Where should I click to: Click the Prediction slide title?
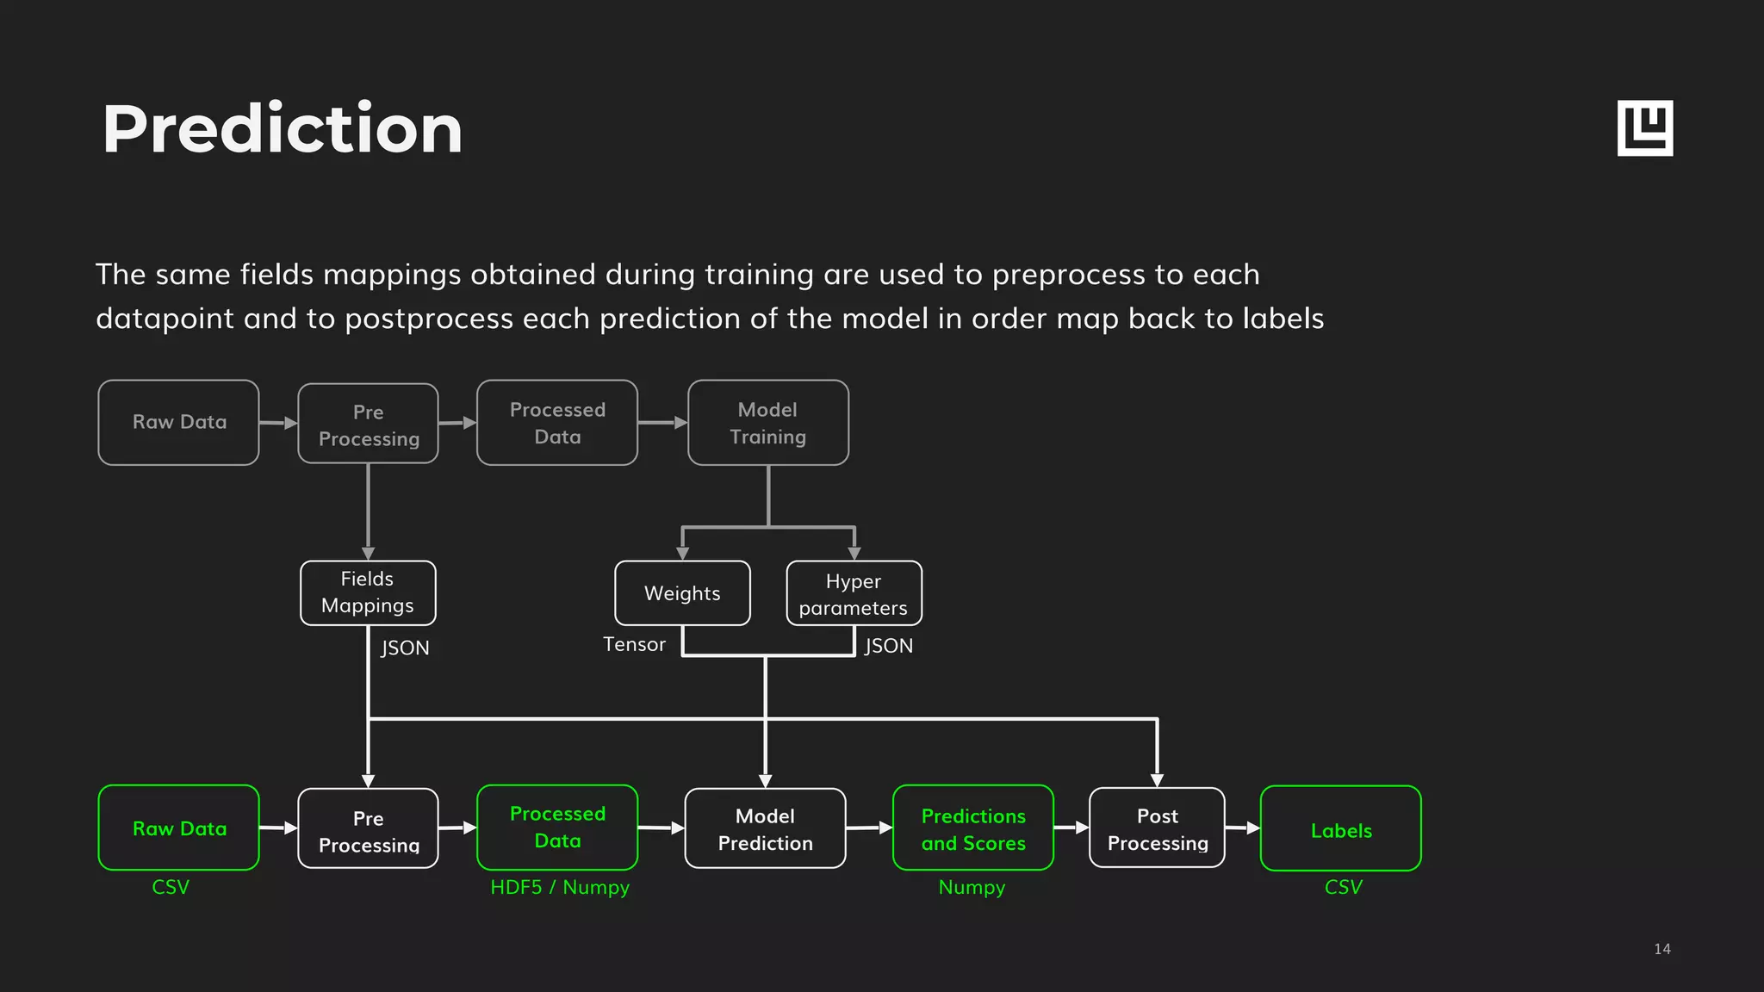pyautogui.click(x=282, y=129)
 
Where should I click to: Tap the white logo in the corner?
pyautogui.click(x=1644, y=128)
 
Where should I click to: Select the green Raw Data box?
pyautogui.click(x=178, y=828)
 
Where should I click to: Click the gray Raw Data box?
pyautogui.click(x=178, y=422)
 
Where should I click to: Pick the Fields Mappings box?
pyautogui.click(x=368, y=592)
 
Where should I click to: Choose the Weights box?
pyautogui.click(x=682, y=592)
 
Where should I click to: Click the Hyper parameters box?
pyautogui.click(x=854, y=593)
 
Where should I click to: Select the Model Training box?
pyautogui.click(x=767, y=423)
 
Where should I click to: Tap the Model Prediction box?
pyautogui.click(x=765, y=828)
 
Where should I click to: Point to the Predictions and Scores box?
pyautogui.click(x=973, y=828)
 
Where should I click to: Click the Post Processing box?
pyautogui.click(x=1157, y=828)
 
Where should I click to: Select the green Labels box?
pyautogui.click(x=1340, y=829)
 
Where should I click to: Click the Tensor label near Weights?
pyautogui.click(x=634, y=644)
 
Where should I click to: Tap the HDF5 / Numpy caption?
pyautogui.click(x=560, y=887)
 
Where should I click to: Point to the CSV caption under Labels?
pyautogui.click(x=1343, y=887)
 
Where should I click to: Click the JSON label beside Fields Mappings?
pyautogui.click(x=405, y=648)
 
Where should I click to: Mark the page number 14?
pyautogui.click(x=1662, y=949)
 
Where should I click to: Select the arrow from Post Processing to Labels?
pyautogui.click(x=1242, y=828)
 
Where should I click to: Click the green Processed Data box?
pyautogui.click(x=557, y=828)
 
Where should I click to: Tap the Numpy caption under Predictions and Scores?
pyautogui.click(x=972, y=887)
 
